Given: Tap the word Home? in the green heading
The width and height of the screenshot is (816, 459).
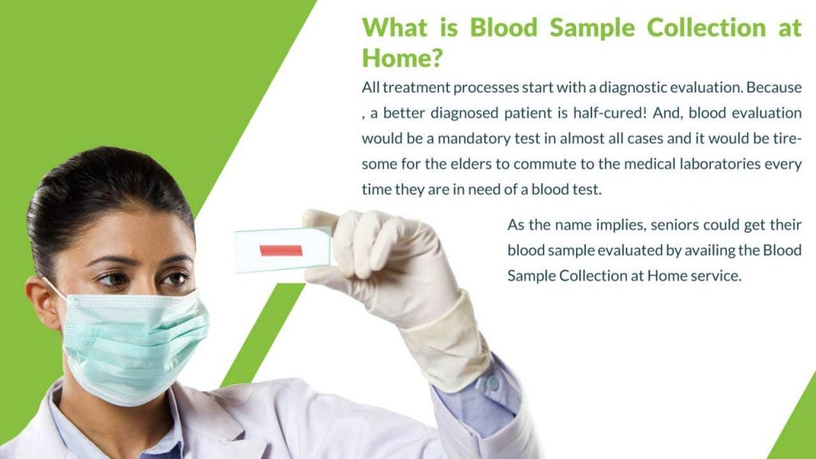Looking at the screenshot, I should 402,57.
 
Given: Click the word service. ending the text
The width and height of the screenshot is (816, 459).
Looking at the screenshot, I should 716,276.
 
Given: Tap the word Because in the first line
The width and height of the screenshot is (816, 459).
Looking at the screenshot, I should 774,87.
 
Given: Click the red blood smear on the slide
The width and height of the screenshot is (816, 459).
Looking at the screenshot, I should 281,250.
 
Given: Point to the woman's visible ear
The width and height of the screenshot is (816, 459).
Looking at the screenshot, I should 42,303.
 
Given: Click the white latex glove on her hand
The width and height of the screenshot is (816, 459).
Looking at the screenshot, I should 382,263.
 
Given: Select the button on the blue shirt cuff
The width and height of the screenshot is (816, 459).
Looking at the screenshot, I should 492,383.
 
